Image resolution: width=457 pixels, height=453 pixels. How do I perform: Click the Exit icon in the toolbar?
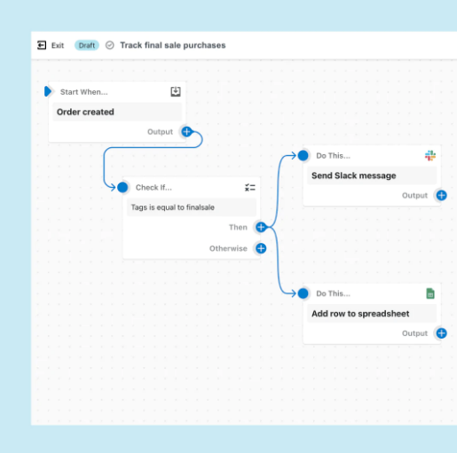pos(42,45)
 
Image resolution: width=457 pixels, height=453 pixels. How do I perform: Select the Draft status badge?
pos(87,45)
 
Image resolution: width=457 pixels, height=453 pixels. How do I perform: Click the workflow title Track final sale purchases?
pos(173,45)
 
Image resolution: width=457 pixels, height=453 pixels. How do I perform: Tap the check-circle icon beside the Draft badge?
pos(110,45)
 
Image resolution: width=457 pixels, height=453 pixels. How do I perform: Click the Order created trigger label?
pos(85,112)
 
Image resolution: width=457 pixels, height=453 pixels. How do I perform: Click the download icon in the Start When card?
pos(176,91)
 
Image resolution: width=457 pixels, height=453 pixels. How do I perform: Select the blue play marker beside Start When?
pos(48,91)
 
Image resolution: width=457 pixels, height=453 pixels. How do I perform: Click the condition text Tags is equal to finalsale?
pos(173,207)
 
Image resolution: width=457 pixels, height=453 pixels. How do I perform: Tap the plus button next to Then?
pos(261,227)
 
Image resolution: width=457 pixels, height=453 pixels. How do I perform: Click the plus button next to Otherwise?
pos(261,248)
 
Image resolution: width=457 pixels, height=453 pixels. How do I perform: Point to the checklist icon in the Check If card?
pos(250,187)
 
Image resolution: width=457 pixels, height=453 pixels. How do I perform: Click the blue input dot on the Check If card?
pos(122,187)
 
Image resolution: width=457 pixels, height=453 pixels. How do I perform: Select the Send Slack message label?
pos(354,176)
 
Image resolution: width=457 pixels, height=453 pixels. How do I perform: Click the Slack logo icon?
pos(430,155)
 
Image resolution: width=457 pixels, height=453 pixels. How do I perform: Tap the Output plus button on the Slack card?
pos(442,195)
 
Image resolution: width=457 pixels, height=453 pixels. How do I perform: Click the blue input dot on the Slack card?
pos(303,155)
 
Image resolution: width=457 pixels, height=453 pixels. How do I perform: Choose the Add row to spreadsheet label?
pos(360,314)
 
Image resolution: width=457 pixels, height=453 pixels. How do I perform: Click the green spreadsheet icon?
pos(430,293)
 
